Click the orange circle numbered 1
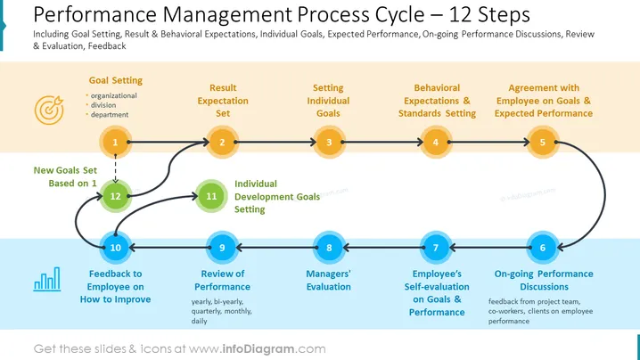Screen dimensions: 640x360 tap(116, 142)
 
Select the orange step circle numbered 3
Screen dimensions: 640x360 tap(329, 142)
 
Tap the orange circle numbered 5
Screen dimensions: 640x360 tap(543, 142)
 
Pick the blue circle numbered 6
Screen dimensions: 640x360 tap(543, 248)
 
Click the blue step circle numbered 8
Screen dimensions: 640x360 tap(329, 248)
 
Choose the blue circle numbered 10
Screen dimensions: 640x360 tap(116, 248)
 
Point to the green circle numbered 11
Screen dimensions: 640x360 tap(211, 196)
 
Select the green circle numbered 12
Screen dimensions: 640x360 tap(116, 196)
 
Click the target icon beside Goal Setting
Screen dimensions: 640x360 tap(49, 110)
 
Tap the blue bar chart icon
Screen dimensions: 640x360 tap(47, 279)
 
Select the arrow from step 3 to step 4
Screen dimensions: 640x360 tap(382, 142)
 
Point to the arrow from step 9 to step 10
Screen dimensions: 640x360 tap(169, 248)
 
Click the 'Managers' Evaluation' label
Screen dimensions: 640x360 tap(329, 281)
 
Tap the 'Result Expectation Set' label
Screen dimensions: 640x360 tap(223, 101)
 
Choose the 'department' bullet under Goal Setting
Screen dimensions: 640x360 tap(110, 115)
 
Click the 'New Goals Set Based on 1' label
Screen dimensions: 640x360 tap(65, 176)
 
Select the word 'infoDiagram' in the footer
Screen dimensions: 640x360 tap(258, 349)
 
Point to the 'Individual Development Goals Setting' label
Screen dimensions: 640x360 tap(277, 196)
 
